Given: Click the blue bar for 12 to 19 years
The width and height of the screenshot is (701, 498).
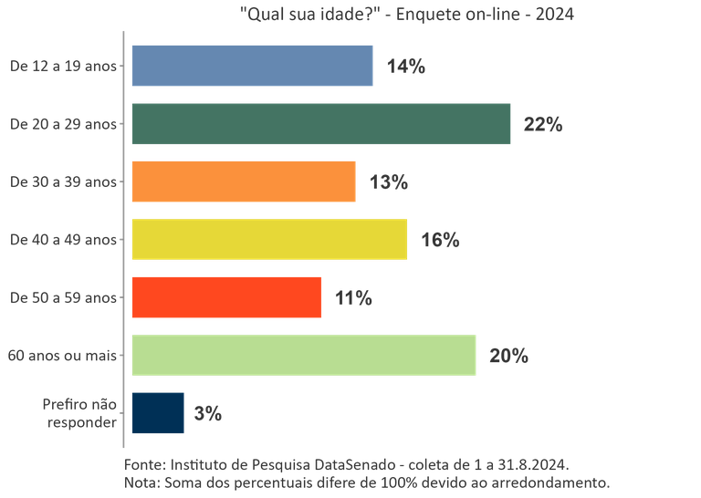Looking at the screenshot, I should pos(252,66).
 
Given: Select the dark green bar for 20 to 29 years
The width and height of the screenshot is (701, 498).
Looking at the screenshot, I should pos(320,123).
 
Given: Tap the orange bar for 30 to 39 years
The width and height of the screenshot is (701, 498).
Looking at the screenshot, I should pos(244,182).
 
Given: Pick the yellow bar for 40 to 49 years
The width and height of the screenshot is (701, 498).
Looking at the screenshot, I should pos(269,239).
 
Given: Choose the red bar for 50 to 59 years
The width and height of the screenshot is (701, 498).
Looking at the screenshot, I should pos(226,297).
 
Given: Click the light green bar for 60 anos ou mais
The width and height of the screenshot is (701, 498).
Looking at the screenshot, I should pos(304,355).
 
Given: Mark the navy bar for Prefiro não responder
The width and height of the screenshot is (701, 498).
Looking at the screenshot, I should pos(158,412).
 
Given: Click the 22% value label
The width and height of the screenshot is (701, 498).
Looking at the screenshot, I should pos(543,125).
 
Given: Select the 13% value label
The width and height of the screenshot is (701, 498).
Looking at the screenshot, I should pos(389,182).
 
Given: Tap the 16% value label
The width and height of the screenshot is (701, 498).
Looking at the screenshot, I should pos(441,240).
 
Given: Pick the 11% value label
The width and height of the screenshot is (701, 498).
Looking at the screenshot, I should pos(354,298).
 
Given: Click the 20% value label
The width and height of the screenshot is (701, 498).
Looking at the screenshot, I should pos(509,356).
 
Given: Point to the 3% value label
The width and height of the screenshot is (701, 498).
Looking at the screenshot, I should pos(208,413).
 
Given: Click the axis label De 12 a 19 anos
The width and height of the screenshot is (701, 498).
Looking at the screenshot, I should pos(63,66).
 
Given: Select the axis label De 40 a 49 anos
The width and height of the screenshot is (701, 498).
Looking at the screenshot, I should pos(63,240).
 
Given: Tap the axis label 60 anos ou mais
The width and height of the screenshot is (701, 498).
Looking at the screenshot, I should pos(62,356).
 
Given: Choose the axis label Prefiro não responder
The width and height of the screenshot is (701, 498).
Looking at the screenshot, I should pos(80,413).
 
